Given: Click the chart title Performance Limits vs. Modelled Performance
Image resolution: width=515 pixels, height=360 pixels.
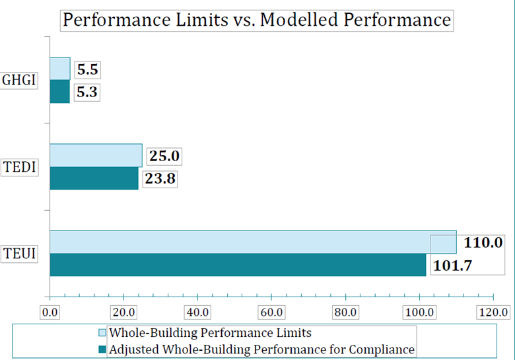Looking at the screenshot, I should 256,20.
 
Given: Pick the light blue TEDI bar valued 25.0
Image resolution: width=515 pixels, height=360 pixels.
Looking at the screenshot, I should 96,155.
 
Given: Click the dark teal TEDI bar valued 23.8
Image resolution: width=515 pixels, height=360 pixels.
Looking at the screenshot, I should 94,178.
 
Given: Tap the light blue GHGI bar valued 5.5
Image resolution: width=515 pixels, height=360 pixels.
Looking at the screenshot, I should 59,69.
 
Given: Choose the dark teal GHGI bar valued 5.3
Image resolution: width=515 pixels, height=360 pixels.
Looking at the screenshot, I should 59,91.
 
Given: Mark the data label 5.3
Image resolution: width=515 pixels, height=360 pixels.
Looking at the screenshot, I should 86,92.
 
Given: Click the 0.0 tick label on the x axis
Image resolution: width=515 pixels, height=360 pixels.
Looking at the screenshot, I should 50,312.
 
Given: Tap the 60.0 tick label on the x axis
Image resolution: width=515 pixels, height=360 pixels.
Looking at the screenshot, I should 271,312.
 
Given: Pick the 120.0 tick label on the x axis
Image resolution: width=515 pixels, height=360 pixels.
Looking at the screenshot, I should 493,312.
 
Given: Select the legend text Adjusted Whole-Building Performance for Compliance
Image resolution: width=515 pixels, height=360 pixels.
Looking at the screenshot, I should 261,349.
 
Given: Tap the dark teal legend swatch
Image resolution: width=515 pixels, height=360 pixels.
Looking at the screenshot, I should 102,349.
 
